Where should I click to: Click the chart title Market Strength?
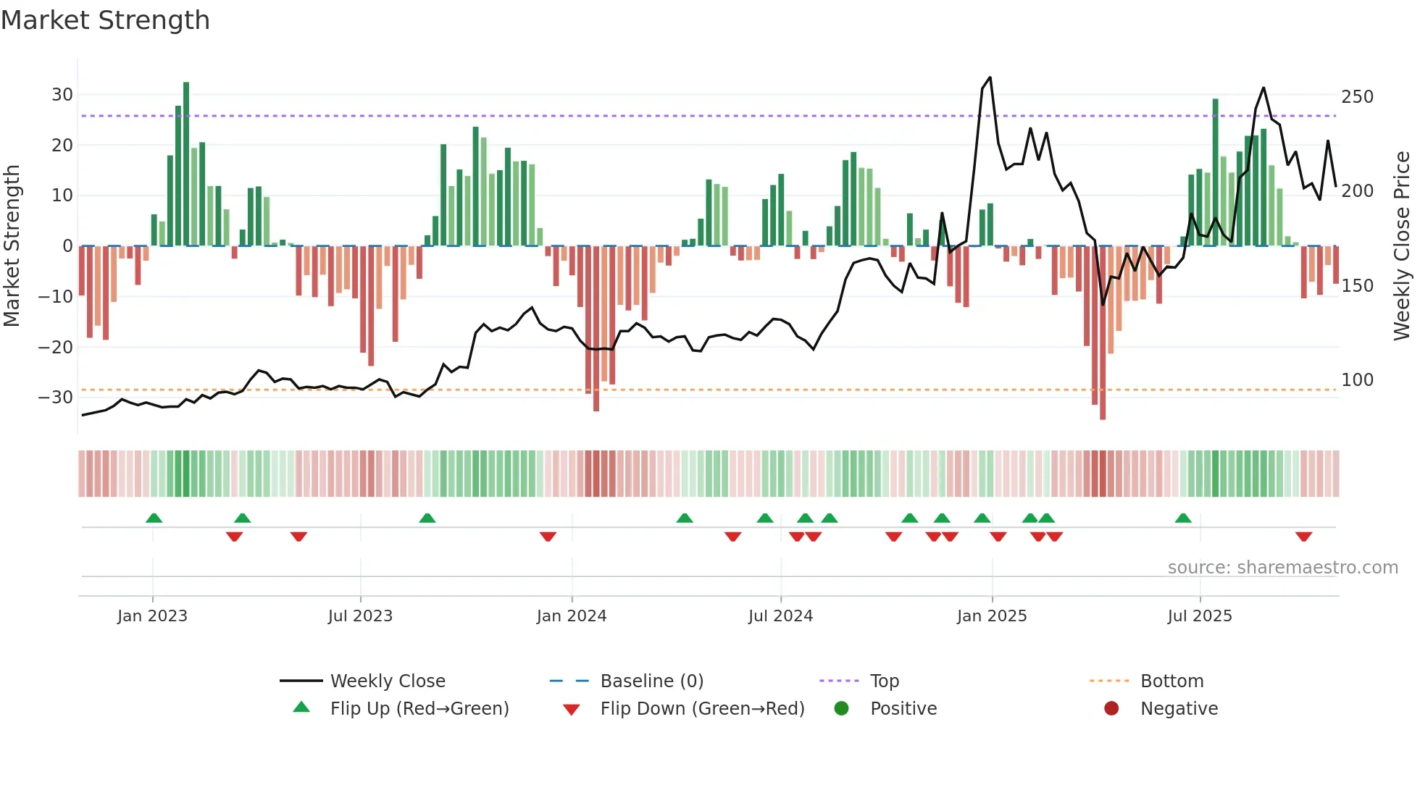point(105,20)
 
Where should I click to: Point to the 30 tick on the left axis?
point(62,95)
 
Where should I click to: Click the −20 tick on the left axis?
point(55,347)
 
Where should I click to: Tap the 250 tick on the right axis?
point(1357,97)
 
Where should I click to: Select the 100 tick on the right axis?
point(1357,380)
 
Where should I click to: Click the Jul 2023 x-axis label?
point(360,616)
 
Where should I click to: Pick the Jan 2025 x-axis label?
point(991,616)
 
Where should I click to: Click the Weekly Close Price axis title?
point(1401,246)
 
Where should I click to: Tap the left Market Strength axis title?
point(12,246)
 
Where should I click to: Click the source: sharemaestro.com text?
point(1282,568)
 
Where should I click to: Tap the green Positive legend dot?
point(841,709)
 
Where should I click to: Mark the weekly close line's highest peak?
point(990,77)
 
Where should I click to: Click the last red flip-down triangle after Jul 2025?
point(1303,537)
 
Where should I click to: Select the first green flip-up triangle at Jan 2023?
point(154,518)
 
